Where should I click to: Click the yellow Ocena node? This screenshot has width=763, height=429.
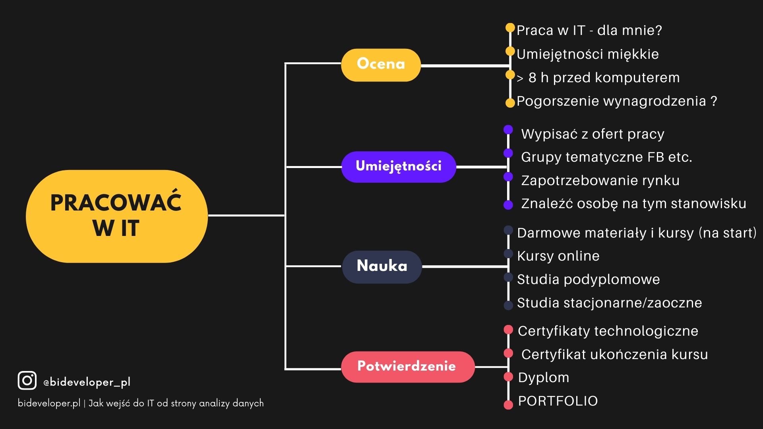381,65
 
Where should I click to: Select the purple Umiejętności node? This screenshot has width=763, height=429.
399,167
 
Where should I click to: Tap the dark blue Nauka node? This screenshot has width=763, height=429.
382,267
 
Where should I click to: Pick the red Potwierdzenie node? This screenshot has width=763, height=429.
408,367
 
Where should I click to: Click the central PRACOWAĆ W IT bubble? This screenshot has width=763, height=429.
117,216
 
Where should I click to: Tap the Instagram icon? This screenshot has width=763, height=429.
27,381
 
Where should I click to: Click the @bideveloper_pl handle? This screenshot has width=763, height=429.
87,382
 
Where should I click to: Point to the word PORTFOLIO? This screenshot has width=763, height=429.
558,401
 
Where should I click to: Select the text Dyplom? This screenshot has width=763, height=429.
543,378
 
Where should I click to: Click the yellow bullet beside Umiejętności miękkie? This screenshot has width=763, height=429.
510,51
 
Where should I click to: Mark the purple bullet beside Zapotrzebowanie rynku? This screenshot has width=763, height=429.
508,177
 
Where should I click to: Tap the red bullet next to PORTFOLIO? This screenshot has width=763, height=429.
508,405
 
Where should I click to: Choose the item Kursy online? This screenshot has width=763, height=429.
558,256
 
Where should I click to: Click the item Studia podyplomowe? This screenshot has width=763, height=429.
588,280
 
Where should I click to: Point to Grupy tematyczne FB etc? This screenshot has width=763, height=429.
606,157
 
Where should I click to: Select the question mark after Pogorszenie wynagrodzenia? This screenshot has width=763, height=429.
714,100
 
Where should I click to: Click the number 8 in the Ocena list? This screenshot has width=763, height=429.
533,78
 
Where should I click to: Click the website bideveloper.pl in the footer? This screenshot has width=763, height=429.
49,403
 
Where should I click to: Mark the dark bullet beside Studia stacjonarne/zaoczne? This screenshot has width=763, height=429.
508,305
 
